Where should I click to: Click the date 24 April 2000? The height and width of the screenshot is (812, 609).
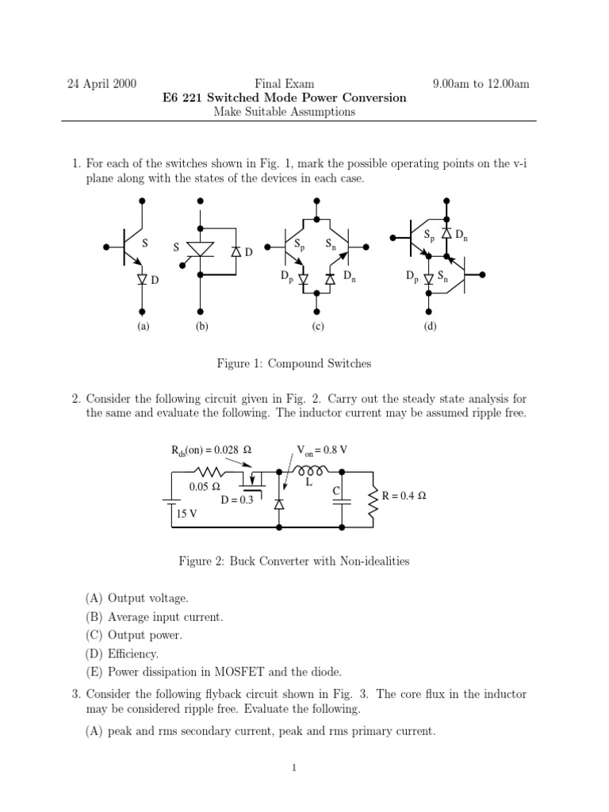coord(103,83)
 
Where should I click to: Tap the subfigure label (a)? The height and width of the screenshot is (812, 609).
coord(143,326)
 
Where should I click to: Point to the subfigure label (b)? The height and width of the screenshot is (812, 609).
coord(201,326)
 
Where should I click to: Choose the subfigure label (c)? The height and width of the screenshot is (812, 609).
coord(317,326)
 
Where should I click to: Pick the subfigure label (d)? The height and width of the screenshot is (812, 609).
coord(429,326)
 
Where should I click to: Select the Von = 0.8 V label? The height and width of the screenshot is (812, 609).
coord(322,450)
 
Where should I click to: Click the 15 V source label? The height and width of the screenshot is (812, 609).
coord(187,514)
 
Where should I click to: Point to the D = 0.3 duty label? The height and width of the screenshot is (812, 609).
coord(236,500)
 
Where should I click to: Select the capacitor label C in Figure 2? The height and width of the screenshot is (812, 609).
coord(336,492)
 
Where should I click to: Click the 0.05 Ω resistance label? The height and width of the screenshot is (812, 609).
coord(204,487)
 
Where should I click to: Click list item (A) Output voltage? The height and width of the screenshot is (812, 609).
coord(137,597)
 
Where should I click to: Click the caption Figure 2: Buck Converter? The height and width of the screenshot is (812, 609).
coord(293,561)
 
